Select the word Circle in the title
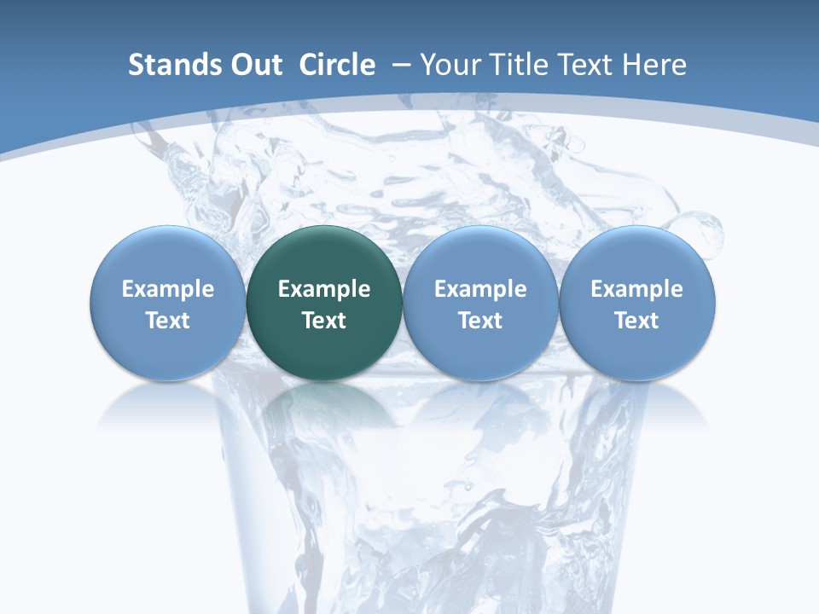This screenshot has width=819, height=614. click(337, 65)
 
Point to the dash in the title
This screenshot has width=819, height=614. click(401, 66)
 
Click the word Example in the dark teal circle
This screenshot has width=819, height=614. click(324, 289)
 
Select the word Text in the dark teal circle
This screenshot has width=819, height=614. click(324, 321)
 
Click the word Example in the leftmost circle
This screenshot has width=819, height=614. click(168, 289)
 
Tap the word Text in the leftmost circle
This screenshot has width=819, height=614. click(168, 321)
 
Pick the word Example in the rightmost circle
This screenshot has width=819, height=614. click(636, 289)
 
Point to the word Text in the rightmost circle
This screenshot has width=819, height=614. click(636, 321)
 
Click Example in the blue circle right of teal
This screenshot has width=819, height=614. click(480, 289)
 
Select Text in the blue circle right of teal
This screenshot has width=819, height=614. click(480, 321)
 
